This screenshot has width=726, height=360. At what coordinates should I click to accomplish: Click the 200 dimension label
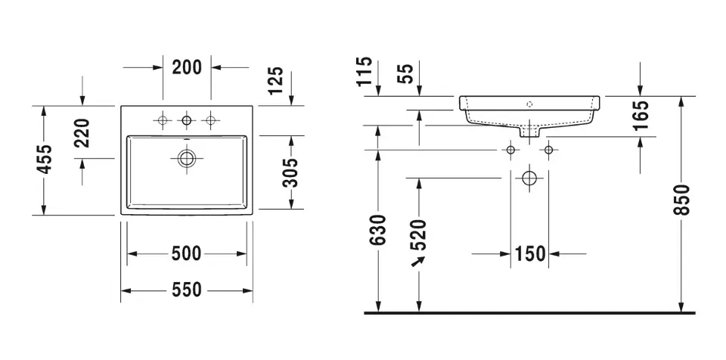point(187,67)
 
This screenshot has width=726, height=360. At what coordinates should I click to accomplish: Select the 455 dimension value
point(45,160)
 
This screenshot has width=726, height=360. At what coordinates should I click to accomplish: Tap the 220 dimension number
point(82,133)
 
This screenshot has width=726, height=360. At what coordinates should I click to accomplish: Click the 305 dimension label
point(290,172)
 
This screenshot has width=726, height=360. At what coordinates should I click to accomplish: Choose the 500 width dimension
point(187,253)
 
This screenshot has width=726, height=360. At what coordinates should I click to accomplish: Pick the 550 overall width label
point(187,290)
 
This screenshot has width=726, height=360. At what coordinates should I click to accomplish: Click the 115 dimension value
point(365,71)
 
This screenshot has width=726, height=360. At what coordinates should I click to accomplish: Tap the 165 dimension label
point(641,115)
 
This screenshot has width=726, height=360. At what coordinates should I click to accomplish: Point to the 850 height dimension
point(681,199)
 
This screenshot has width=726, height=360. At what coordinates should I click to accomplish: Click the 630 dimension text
point(379,230)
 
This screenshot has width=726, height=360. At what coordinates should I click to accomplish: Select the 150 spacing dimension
point(530,253)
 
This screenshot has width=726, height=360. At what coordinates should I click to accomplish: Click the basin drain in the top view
point(187,159)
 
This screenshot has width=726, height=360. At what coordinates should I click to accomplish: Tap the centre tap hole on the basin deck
point(187,120)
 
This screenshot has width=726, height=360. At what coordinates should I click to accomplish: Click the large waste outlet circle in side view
point(529,178)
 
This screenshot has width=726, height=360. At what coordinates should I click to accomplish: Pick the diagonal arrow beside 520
point(418,262)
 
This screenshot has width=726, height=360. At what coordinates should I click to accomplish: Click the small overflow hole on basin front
point(529,104)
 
